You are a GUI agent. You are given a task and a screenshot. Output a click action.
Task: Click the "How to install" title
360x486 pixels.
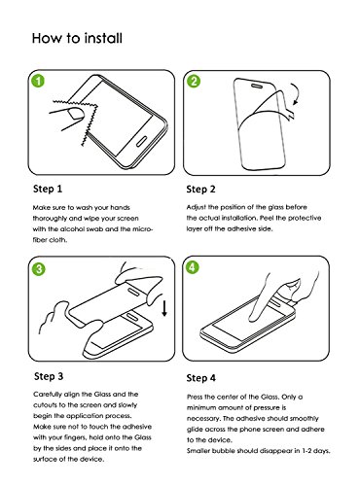click(77, 38)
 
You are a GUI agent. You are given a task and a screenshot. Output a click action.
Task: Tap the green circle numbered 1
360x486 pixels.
click(38, 81)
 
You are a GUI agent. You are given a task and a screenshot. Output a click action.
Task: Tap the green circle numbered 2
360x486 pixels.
click(194, 81)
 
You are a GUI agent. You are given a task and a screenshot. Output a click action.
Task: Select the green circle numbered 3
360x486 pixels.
click(39, 269)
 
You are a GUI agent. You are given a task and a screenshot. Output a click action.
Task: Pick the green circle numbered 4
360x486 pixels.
click(192, 267)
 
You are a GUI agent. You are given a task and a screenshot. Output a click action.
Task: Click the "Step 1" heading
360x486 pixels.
click(48, 189)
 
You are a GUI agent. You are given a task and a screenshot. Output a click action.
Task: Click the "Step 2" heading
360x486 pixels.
click(200, 190)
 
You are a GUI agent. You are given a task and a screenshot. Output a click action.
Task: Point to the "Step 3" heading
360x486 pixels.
click(49, 376)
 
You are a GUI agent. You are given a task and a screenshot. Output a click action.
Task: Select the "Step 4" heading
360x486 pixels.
click(200, 378)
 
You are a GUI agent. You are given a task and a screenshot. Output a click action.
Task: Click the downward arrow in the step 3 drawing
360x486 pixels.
click(164, 308)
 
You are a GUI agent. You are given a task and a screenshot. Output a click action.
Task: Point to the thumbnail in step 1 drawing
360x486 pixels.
click(75, 114)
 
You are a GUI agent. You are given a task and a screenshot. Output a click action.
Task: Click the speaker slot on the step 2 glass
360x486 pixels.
click(257, 86)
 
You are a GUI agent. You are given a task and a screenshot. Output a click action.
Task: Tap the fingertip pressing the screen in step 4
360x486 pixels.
click(253, 318)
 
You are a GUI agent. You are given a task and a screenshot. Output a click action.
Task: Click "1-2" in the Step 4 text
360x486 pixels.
click(307, 451)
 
